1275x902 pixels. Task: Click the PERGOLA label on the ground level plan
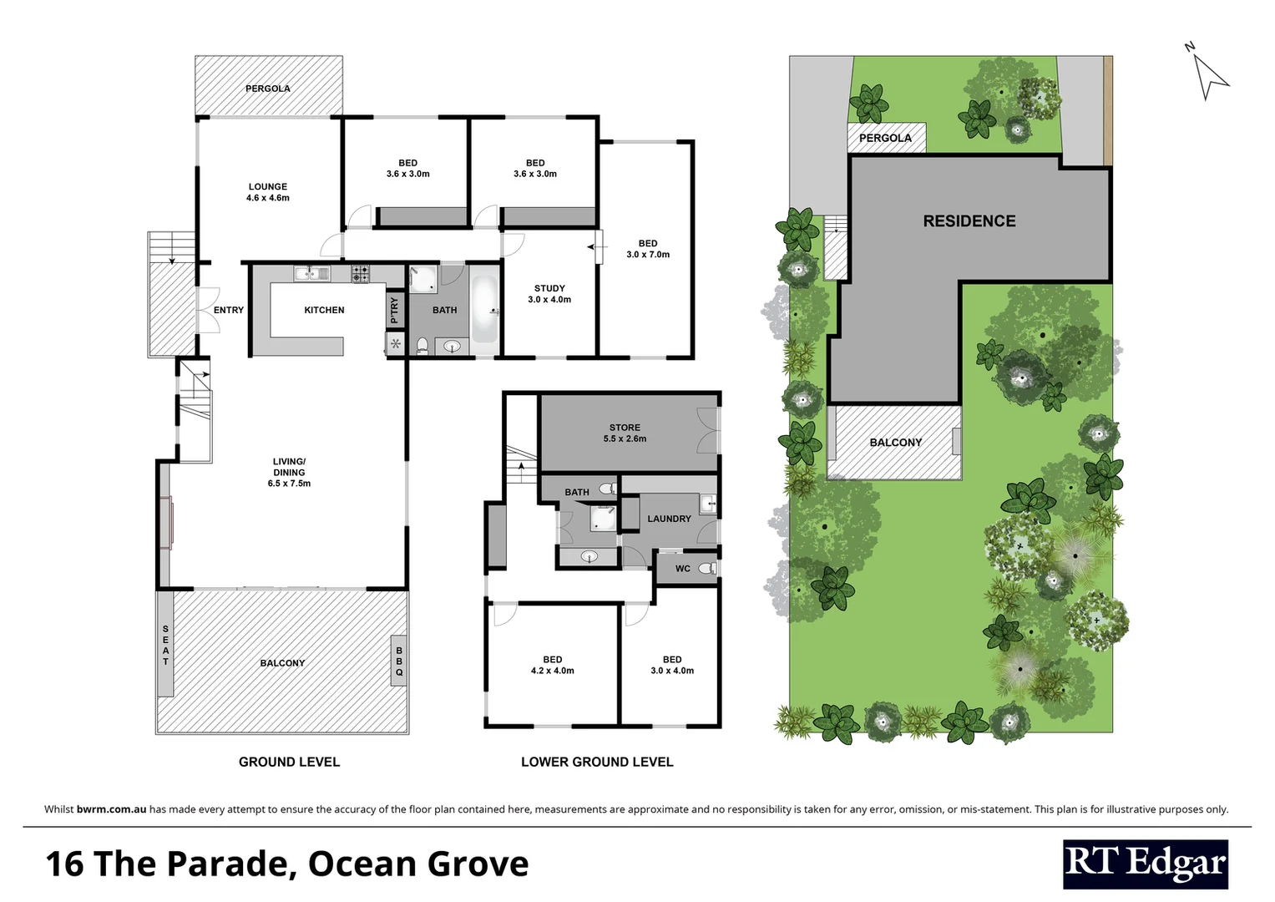(x=267, y=89)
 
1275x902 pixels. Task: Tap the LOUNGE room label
(x=267, y=187)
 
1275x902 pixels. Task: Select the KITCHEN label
(x=324, y=310)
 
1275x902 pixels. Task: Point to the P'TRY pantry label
(x=394, y=310)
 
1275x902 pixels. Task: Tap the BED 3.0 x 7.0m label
(x=648, y=249)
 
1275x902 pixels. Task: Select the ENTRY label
(x=228, y=310)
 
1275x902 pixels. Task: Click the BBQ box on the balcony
(x=399, y=661)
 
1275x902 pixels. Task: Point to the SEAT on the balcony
(x=165, y=645)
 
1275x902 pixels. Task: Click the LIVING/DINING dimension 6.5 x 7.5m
(x=289, y=484)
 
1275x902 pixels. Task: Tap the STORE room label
(x=625, y=428)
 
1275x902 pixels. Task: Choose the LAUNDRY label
(x=669, y=519)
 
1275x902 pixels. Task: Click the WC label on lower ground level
(x=682, y=569)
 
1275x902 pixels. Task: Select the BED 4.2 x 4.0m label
(x=552, y=665)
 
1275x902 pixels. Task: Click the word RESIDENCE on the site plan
(x=969, y=221)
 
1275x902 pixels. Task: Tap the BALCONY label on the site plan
(x=895, y=443)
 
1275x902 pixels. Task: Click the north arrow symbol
(x=1208, y=75)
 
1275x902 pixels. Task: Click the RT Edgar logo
(x=1145, y=864)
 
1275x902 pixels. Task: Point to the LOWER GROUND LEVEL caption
(x=596, y=762)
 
